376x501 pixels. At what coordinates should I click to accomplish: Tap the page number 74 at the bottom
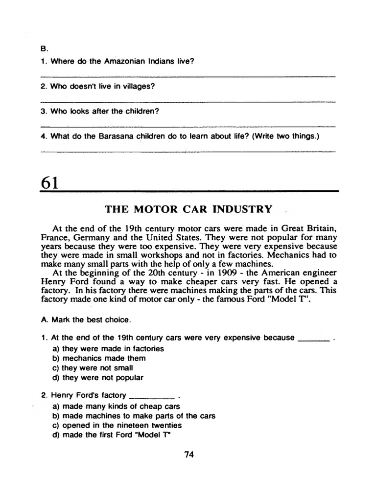[x=189, y=454]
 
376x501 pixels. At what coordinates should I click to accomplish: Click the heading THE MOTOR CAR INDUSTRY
[x=188, y=209]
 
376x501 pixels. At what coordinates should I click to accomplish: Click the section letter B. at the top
[x=44, y=49]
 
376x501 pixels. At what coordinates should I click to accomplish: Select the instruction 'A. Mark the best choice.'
[x=86, y=319]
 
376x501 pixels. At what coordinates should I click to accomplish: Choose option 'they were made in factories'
[x=108, y=349]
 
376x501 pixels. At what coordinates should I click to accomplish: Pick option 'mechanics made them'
[x=98, y=358]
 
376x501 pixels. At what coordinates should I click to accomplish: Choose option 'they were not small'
[x=92, y=367]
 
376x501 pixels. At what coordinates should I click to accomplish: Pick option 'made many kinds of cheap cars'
[x=116, y=406]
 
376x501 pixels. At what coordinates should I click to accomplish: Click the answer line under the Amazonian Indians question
[x=188, y=77]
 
